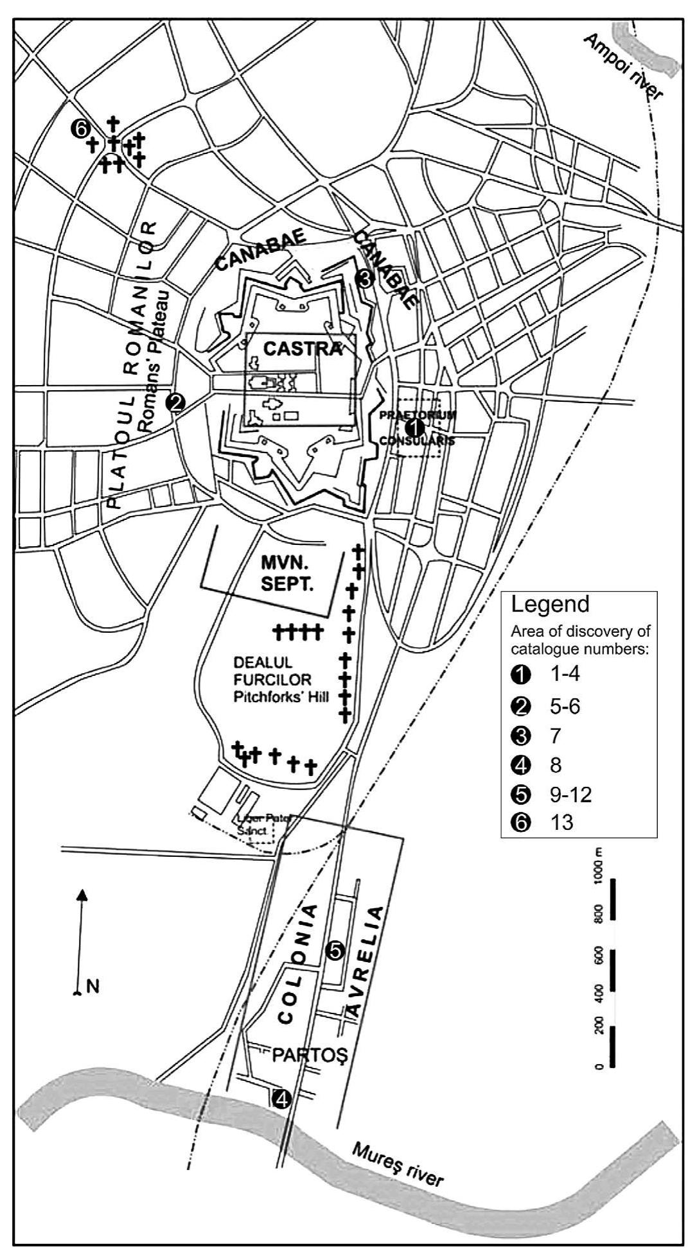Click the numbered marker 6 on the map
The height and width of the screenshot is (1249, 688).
tap(81, 129)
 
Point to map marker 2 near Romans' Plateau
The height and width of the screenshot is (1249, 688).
tap(175, 402)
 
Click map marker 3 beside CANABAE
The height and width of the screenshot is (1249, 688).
tap(364, 279)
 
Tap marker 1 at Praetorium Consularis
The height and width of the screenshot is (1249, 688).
tap(415, 427)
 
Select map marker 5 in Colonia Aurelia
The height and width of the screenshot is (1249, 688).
tap(335, 951)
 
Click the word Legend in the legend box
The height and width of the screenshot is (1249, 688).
tap(550, 605)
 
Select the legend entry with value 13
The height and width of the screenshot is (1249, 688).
tap(561, 823)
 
